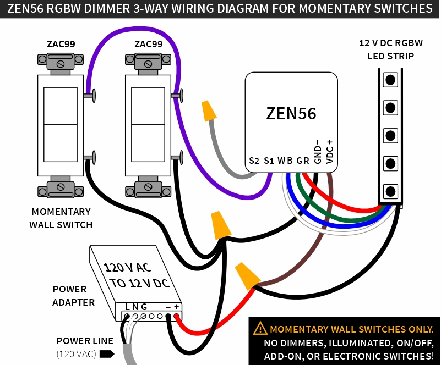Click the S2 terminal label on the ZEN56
click(254, 161)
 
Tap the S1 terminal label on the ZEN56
click(269, 161)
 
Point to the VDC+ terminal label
click(330, 149)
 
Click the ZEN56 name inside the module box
click(291, 113)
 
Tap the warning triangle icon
click(260, 329)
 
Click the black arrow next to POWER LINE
click(107, 353)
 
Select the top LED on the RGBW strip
click(390, 80)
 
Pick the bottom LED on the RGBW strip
click(390, 191)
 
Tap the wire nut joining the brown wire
click(247, 274)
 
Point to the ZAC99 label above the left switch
click(61, 44)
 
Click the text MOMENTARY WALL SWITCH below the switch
click(61, 218)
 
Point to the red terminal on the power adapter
click(177, 317)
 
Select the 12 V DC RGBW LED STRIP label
click(390, 49)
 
